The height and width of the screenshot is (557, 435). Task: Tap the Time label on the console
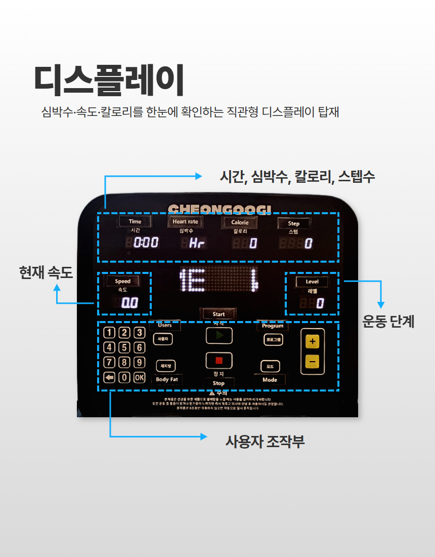point(135,221)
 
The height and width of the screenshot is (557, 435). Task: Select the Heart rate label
point(185,221)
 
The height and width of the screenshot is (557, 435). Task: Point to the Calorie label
point(240,222)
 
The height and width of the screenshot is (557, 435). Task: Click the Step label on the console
point(293,223)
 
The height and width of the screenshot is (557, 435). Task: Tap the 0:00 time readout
point(146,243)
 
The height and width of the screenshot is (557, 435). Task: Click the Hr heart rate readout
point(197,243)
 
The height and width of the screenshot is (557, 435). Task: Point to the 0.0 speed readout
point(130,303)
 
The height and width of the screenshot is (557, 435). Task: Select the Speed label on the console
point(122,281)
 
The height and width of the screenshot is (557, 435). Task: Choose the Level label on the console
point(312,282)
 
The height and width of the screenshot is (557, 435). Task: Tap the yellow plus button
point(312,342)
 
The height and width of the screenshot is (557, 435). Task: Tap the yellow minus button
point(312,362)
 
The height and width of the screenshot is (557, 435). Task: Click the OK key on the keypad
point(139,377)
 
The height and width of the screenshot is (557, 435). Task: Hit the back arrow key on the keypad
point(109,377)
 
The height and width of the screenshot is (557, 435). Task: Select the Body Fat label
point(166,379)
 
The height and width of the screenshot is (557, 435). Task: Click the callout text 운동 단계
point(388,322)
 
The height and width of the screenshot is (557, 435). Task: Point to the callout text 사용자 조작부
point(265,442)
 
